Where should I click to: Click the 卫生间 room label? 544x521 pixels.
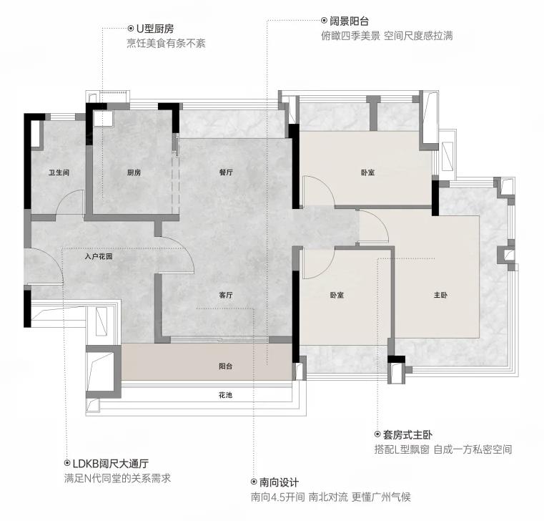pyautogui.click(x=59, y=172)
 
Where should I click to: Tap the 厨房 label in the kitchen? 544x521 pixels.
pyautogui.click(x=134, y=172)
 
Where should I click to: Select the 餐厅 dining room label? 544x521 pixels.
pyautogui.click(x=226, y=172)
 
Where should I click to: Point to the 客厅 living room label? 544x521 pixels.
pyautogui.click(x=226, y=296)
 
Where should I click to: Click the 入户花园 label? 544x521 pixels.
pyautogui.click(x=99, y=257)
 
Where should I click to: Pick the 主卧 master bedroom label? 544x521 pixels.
pyautogui.click(x=440, y=296)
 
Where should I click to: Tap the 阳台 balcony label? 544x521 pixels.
pyautogui.click(x=225, y=366)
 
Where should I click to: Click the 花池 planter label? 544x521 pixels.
pyautogui.click(x=225, y=395)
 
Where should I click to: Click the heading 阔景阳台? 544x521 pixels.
pyautogui.click(x=349, y=21)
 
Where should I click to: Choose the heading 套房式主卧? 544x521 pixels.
pyautogui.click(x=407, y=434)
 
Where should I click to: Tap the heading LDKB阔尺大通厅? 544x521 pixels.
pyautogui.click(x=111, y=463)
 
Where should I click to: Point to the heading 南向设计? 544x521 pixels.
pyautogui.click(x=279, y=482)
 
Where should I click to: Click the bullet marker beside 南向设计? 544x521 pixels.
pyautogui.click(x=254, y=482)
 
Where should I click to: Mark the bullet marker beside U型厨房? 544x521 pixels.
pyautogui.click(x=131, y=29)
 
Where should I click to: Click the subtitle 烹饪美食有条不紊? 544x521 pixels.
pyautogui.click(x=166, y=44)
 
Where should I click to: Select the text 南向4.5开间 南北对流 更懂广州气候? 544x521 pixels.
pyautogui.click(x=331, y=497)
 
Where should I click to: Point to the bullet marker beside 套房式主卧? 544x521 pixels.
pyautogui.click(x=377, y=434)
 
